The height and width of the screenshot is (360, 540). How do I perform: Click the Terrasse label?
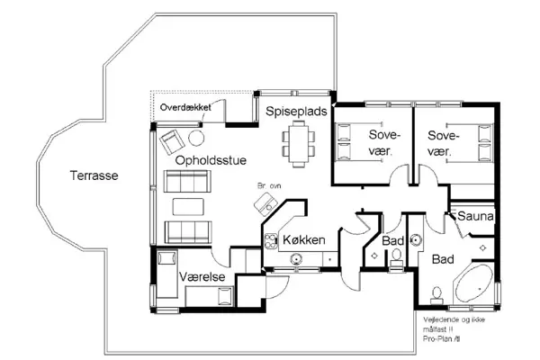click(x=94, y=175)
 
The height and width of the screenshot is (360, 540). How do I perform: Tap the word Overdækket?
click(x=184, y=107)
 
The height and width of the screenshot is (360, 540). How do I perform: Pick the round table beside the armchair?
click(x=194, y=138)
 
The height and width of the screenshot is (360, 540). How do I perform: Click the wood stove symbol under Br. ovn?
click(x=265, y=206)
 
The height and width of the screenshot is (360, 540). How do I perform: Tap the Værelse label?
click(x=201, y=277)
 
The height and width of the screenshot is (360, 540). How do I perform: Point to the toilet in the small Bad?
click(x=396, y=256)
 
